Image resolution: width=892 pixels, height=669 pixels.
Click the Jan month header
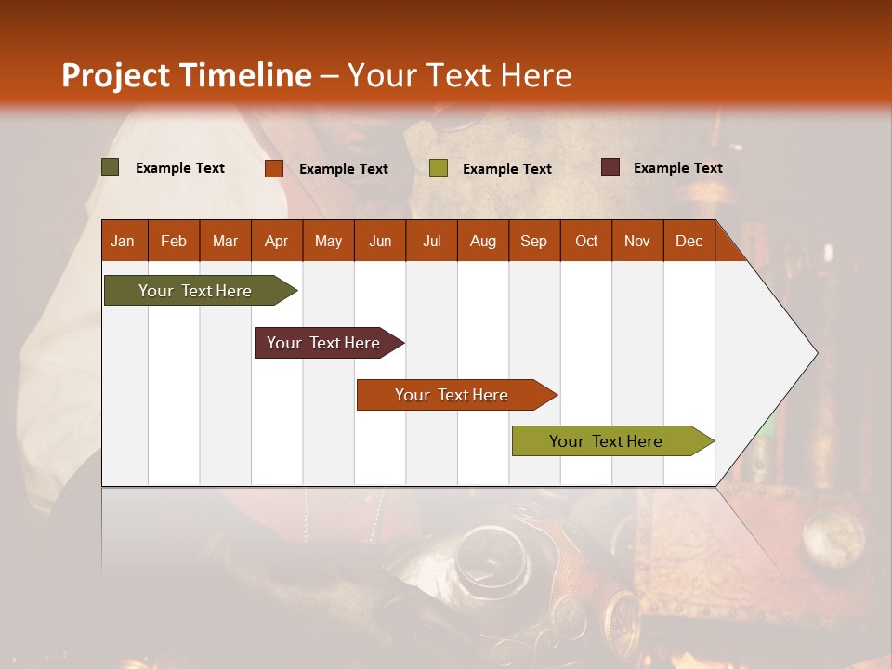123,241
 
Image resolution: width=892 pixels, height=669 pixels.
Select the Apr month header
276,241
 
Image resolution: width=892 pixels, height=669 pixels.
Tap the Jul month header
431,241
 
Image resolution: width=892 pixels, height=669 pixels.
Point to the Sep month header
533,241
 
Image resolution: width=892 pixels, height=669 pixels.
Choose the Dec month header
689,241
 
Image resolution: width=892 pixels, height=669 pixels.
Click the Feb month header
174,241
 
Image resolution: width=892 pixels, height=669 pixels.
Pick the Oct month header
586,241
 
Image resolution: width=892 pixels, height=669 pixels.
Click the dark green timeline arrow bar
195,291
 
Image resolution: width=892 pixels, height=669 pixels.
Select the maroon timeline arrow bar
323,343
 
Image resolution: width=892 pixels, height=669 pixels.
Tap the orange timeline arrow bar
452,395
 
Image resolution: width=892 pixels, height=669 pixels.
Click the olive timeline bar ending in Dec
606,441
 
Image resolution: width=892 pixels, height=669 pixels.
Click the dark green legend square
110,167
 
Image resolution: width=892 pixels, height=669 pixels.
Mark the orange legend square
273,168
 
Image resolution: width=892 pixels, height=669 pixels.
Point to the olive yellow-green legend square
439,168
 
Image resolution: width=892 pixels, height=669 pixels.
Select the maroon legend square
610,167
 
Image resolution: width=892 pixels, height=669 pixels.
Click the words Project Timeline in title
186,75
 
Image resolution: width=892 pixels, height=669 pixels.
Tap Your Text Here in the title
459,75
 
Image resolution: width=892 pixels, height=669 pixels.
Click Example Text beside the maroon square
677,168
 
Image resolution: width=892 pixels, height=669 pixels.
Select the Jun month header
380,241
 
